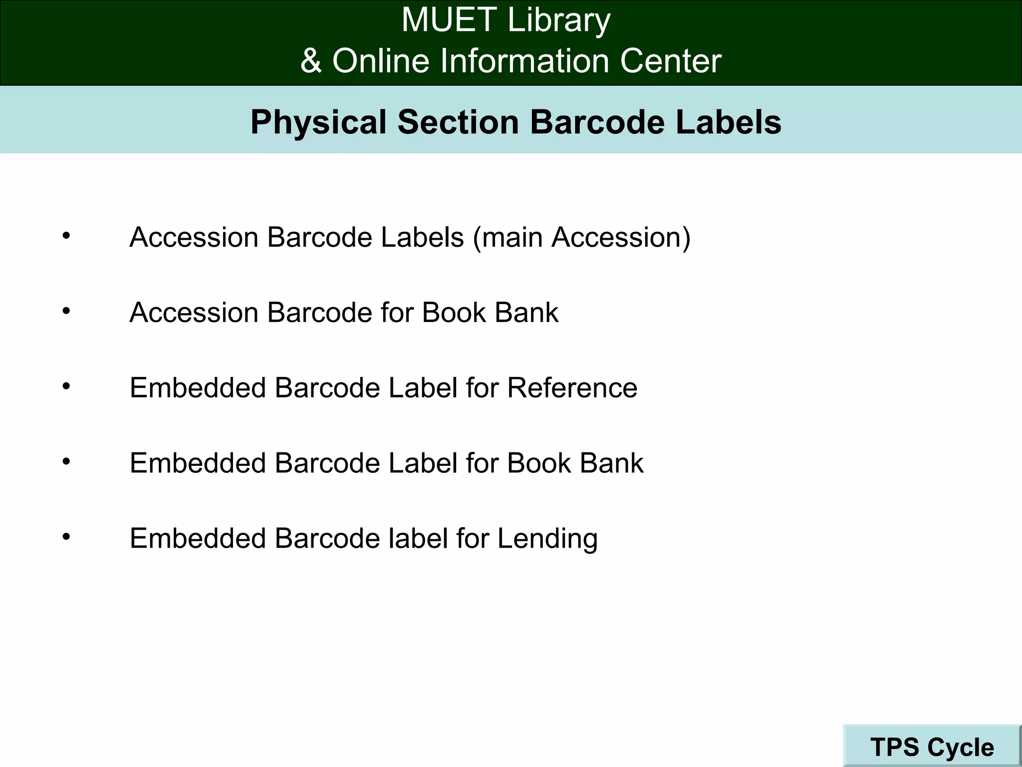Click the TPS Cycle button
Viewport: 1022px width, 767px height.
(932, 747)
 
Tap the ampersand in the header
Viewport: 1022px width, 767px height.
(311, 61)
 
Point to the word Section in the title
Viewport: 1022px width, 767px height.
(458, 122)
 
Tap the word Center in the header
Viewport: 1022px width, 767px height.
(671, 61)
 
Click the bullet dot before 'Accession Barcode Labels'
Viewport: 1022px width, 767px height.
(66, 235)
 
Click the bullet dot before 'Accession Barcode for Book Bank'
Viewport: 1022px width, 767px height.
(66, 311)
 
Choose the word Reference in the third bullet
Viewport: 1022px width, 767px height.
(572, 388)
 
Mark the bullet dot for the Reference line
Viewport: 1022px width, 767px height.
(66, 386)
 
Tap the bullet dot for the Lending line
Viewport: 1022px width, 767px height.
(66, 537)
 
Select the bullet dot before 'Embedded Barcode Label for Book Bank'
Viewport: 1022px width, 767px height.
(66, 461)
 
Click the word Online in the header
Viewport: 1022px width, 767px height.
(381, 61)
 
